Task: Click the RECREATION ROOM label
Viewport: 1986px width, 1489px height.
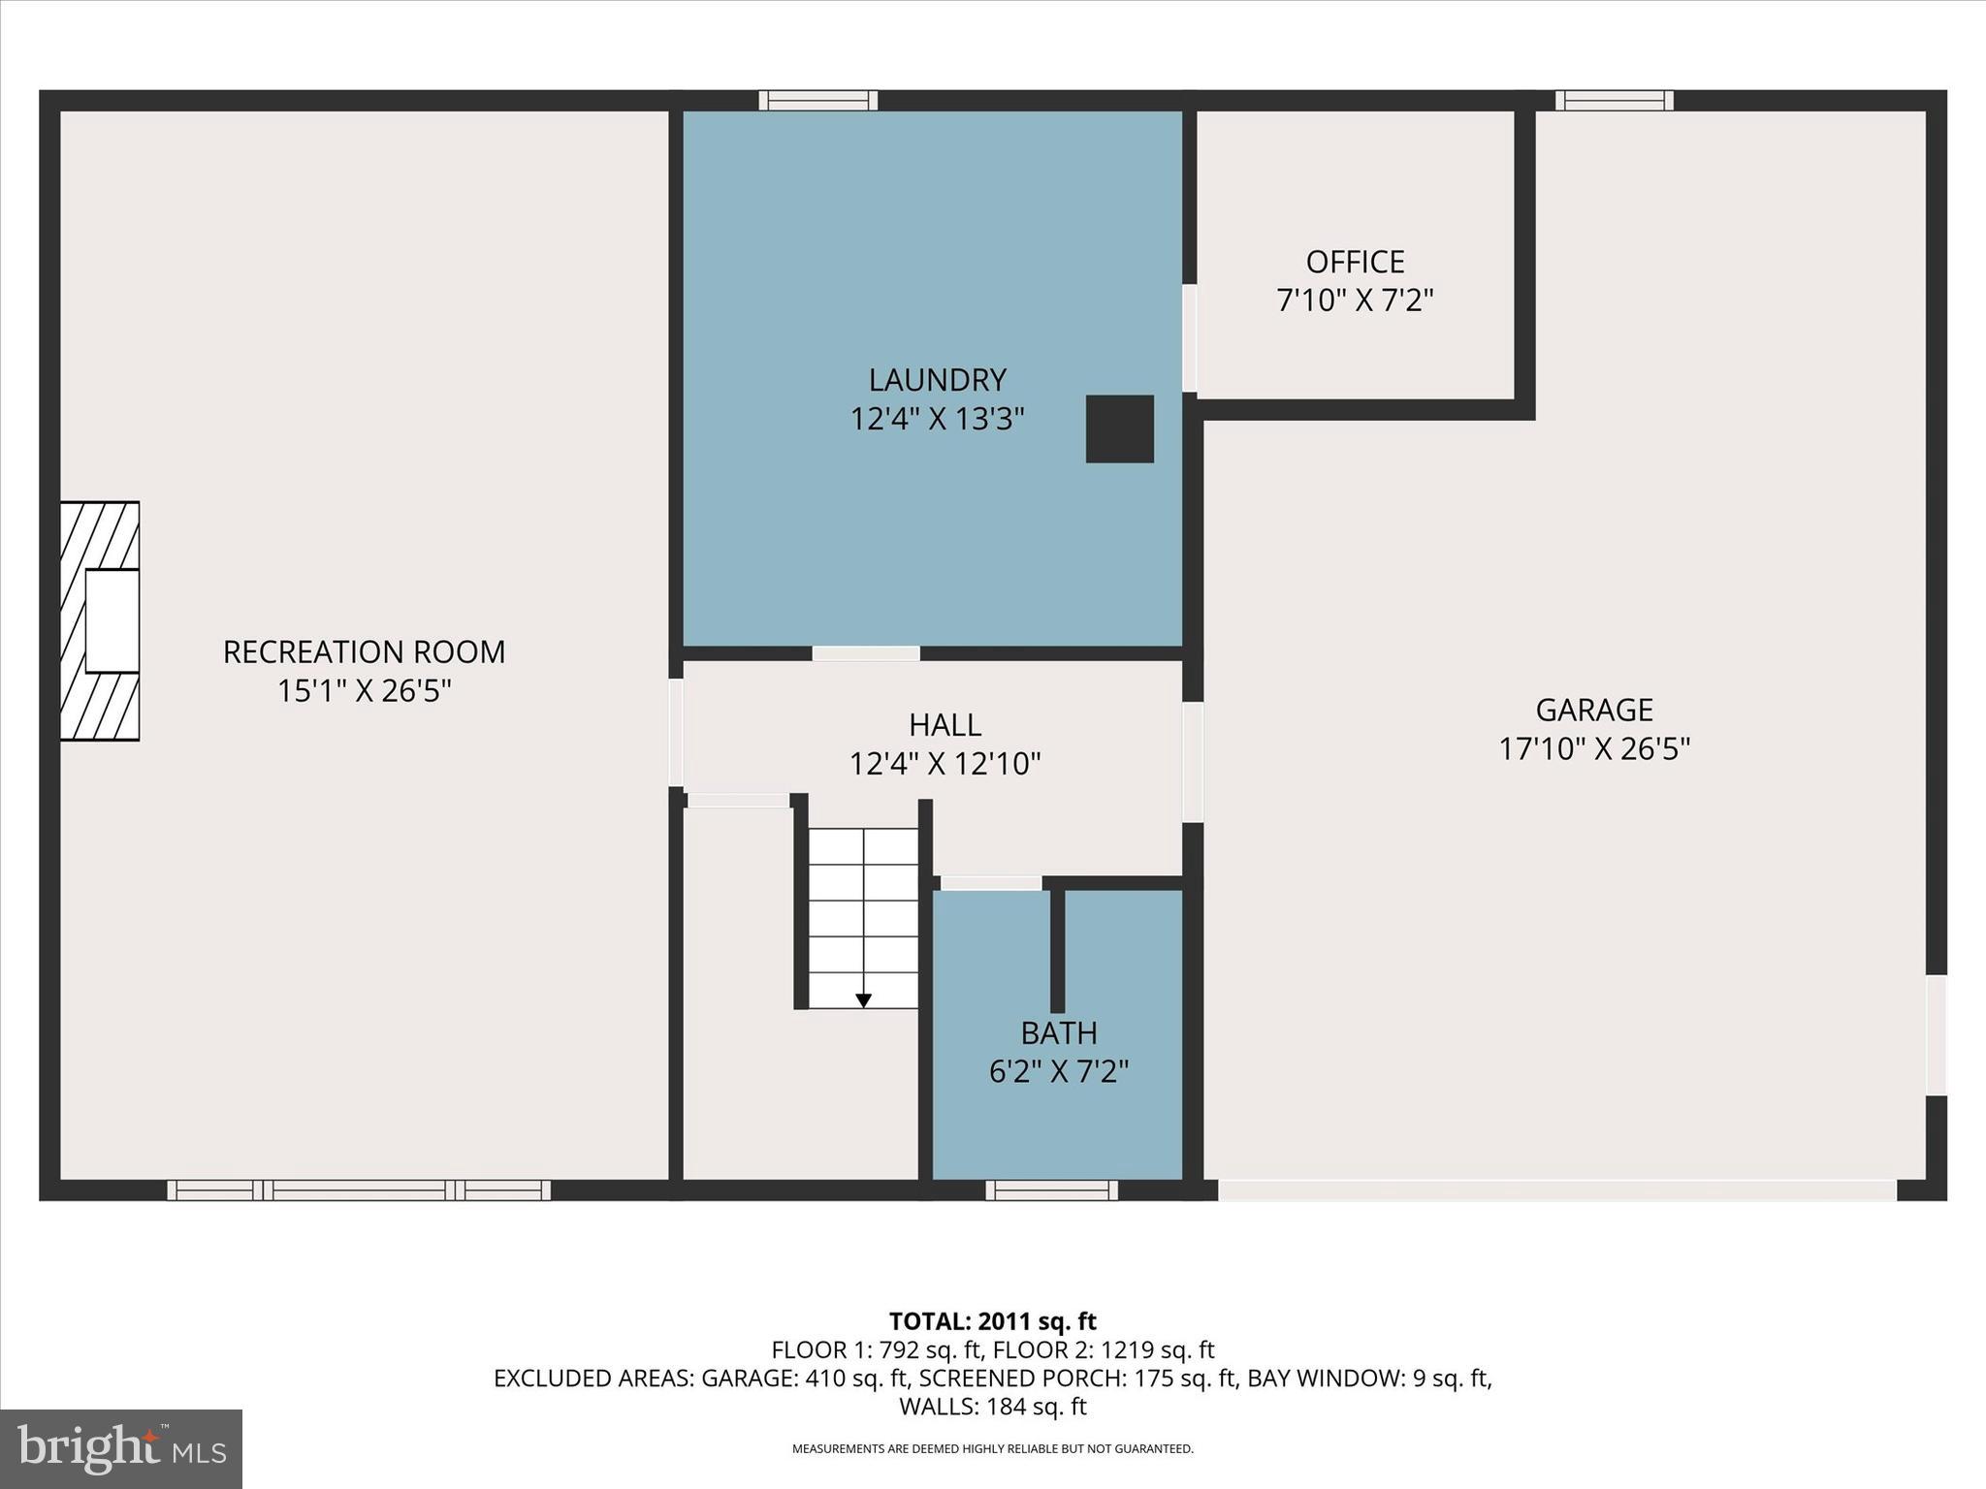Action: coord(364,651)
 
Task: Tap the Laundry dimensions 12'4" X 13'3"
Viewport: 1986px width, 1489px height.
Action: coord(937,419)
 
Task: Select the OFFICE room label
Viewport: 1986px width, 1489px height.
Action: coord(1355,262)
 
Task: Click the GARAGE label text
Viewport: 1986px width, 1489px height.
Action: coord(1593,710)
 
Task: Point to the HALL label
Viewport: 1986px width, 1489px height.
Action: coord(945,724)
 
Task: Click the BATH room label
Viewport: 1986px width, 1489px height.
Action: coord(1058,1032)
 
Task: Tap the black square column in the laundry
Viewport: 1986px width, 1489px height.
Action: coord(1119,428)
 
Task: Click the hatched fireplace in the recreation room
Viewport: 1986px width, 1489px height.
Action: coord(100,620)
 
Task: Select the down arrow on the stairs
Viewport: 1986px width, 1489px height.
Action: coord(863,1000)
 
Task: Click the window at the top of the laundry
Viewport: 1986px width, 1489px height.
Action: coord(817,101)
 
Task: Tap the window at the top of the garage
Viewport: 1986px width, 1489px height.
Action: coord(1614,101)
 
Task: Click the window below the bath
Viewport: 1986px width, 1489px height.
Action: coord(1051,1189)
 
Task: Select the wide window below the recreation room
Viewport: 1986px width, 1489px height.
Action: coord(359,1189)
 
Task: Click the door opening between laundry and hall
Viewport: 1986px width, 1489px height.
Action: coord(865,653)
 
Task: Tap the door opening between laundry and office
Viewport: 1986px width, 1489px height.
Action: coord(1189,337)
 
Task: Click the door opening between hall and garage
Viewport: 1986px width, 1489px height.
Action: coord(1193,762)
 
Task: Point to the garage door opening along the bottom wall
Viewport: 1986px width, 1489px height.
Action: coord(1555,1189)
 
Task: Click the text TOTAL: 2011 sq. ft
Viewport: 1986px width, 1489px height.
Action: coord(992,1321)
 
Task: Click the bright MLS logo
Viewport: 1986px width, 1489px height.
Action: coord(121,1448)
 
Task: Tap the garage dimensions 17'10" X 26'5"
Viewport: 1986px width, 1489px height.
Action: coord(1593,749)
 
